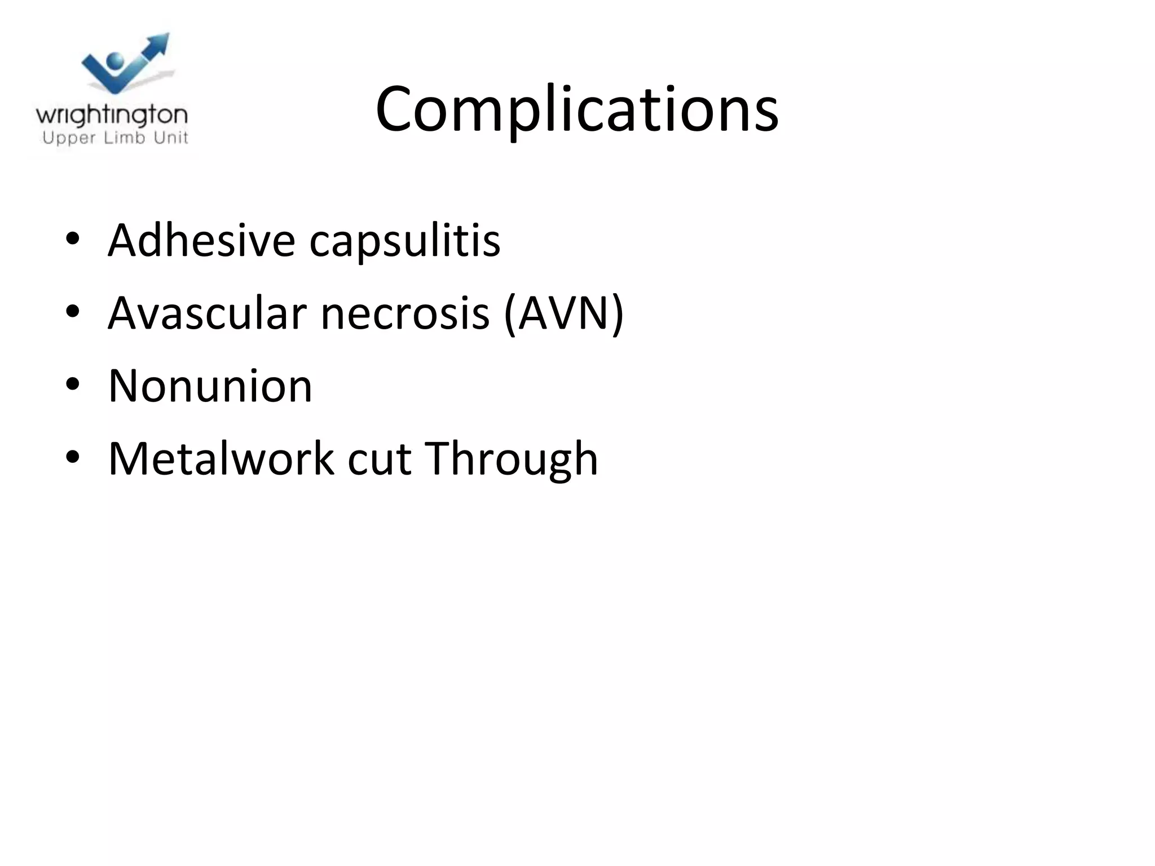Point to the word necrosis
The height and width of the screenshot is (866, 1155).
coord(405,314)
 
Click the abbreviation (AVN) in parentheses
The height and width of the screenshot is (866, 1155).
coord(563,314)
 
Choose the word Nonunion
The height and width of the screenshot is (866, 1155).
coord(210,386)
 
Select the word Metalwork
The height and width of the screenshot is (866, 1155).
coord(221,458)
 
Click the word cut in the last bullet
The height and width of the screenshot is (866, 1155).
coord(379,459)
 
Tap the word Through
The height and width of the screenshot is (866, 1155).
coord(511,459)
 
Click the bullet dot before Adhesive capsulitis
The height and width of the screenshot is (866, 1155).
coord(73,239)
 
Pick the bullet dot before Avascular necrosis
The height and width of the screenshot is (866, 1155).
coord(73,312)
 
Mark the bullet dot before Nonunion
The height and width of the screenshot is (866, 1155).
coord(73,385)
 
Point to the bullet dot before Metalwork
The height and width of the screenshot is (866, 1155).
coord(73,457)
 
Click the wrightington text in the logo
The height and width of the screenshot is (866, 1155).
coord(112,116)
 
